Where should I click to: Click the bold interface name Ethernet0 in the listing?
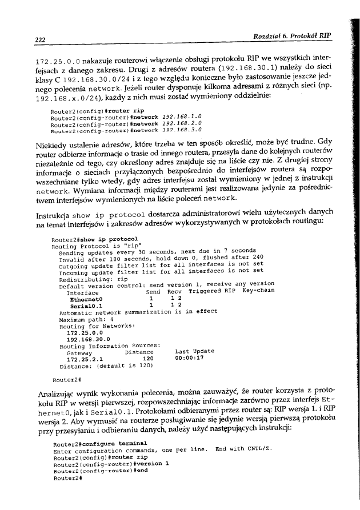(x=85, y=298)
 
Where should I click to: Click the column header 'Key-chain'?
(x=258, y=291)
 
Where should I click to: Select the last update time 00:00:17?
(x=190, y=359)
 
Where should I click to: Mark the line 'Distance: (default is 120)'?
(x=98, y=366)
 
